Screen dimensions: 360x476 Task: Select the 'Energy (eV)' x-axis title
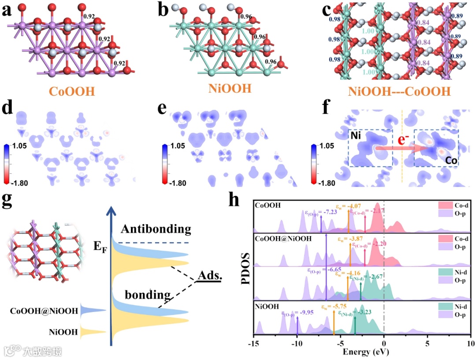[x=361, y=352]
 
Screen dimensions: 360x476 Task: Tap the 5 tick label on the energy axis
[x=427, y=343]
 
